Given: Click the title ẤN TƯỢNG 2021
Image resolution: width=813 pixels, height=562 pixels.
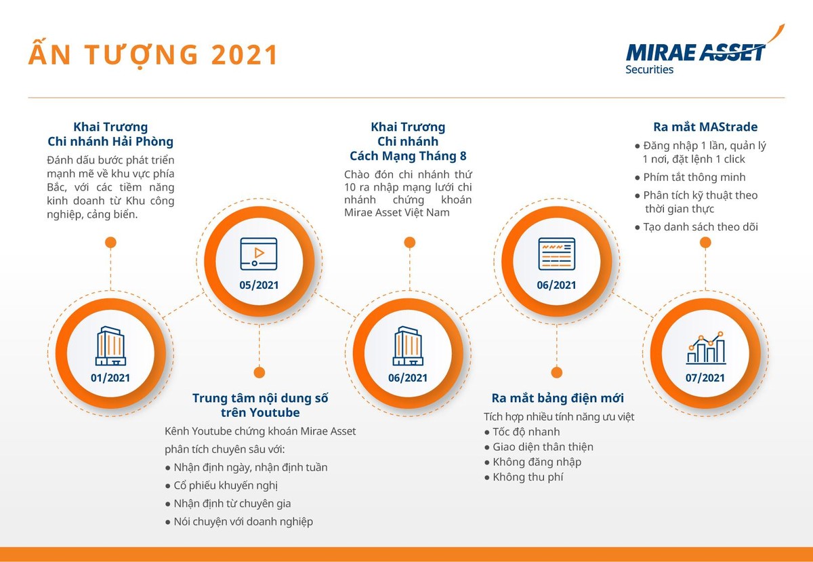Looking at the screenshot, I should point(153,55).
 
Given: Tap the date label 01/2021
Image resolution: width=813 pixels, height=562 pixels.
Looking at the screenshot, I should point(110,378).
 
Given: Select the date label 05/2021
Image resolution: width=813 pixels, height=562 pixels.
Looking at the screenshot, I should point(259,285).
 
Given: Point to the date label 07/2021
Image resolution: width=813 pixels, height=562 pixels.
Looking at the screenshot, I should point(705,378).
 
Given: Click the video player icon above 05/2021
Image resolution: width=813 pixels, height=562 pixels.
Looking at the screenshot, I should point(259,254).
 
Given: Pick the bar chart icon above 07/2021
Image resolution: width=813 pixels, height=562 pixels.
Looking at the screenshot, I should point(705,348).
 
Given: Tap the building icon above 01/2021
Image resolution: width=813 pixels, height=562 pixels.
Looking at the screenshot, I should point(110,346).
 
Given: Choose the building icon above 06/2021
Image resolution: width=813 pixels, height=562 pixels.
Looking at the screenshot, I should point(408,346).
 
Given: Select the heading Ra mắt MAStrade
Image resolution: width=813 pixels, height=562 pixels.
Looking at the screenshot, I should point(705,127).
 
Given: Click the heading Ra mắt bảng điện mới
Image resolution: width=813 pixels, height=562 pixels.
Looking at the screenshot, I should point(558,398).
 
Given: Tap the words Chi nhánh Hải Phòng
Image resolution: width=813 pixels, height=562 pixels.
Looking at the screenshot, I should point(110,142).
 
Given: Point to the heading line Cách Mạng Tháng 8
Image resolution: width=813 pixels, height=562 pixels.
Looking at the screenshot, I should point(408,156).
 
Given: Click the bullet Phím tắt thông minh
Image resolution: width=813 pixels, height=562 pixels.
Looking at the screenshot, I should point(694,177).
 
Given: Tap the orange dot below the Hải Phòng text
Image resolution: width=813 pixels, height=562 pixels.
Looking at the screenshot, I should point(110,242).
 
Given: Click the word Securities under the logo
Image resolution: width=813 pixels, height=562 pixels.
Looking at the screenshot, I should point(649,69).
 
